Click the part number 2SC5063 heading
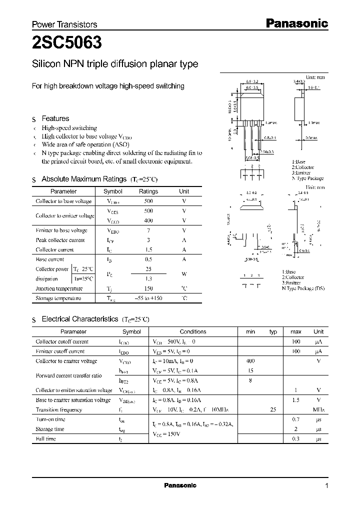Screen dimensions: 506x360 67,43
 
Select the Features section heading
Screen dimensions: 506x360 55,118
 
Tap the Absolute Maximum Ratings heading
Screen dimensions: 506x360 83,179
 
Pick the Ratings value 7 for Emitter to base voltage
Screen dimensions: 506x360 148,230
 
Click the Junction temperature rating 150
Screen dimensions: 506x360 148,288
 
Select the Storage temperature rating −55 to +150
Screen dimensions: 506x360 148,298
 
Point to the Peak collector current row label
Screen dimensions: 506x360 60,240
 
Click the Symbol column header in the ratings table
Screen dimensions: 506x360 112,191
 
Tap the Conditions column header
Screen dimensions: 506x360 193,331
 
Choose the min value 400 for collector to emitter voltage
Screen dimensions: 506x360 250,361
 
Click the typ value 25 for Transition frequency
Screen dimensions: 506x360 273,409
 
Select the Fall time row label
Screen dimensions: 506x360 45,439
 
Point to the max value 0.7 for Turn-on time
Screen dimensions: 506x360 295,419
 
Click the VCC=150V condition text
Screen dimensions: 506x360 166,434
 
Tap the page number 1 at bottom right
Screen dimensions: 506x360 326,485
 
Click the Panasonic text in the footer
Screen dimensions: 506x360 180,485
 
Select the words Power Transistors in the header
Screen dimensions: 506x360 64,24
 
